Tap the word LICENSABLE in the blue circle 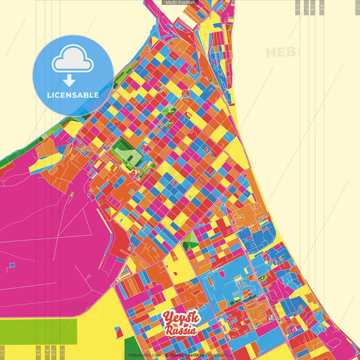(x=72, y=95)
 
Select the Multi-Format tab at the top (x=179, y=3)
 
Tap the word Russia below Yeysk (x=180, y=331)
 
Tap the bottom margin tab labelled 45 (x=38, y=353)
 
